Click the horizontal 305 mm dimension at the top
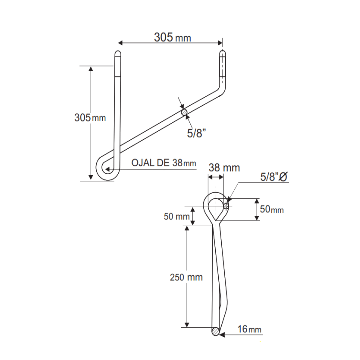(x=172, y=38)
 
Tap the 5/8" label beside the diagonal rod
(x=196, y=133)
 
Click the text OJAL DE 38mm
(x=164, y=163)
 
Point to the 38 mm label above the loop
(x=224, y=168)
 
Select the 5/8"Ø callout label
(x=273, y=177)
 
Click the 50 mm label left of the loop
(x=176, y=216)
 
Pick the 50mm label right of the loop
(x=272, y=209)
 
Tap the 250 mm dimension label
(x=186, y=277)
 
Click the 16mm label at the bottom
(x=250, y=329)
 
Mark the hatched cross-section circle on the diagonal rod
(x=184, y=112)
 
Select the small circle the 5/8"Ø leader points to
(x=226, y=206)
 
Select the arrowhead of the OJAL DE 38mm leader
(x=107, y=169)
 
